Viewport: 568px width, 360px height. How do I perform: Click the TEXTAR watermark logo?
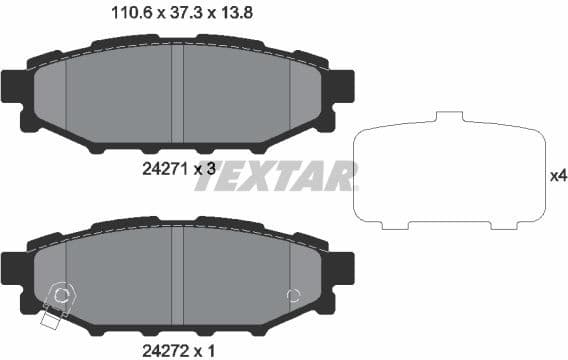(x=284, y=176)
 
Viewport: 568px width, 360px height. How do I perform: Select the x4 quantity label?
(x=558, y=176)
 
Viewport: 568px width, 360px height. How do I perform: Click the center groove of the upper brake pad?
(x=177, y=95)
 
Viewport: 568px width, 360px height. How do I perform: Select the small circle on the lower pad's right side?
(x=293, y=295)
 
